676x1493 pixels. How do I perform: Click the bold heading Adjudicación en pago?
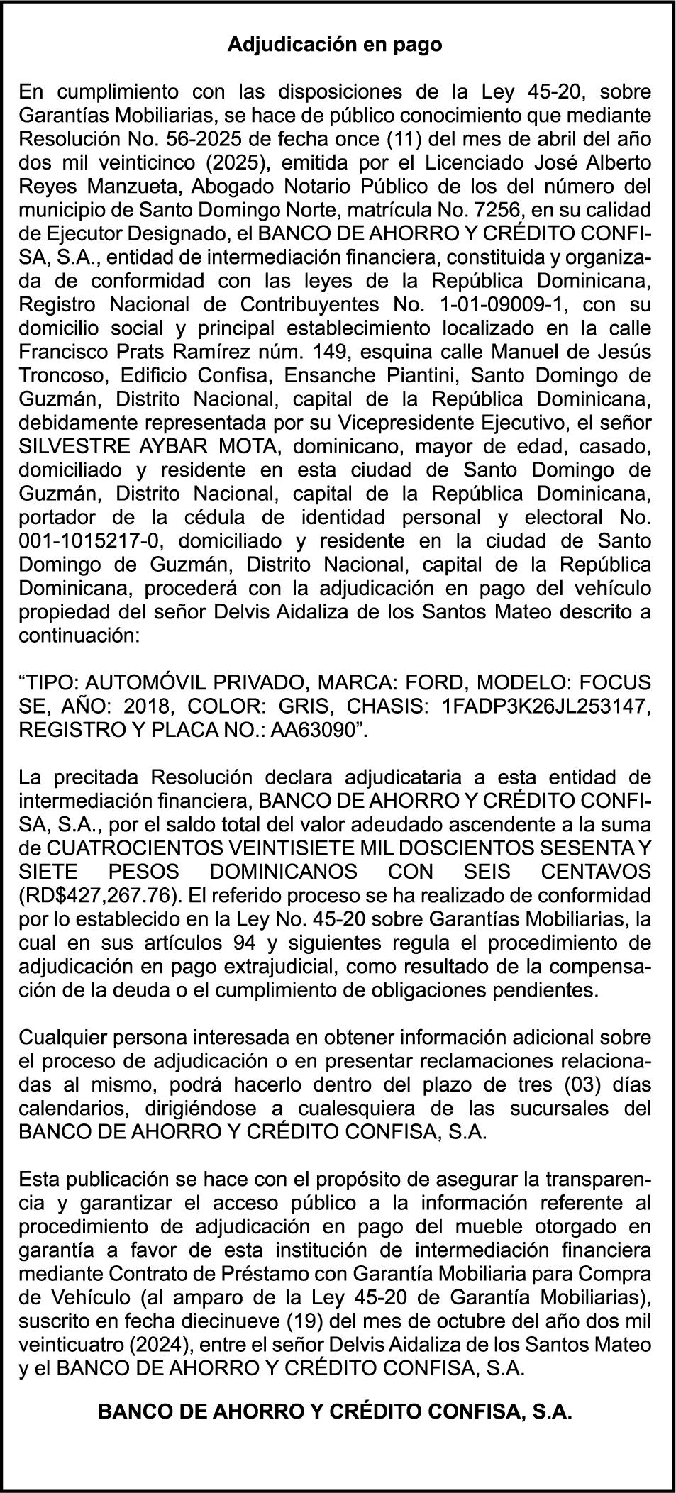point(335,45)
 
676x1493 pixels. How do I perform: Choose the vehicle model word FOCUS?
point(614,683)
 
